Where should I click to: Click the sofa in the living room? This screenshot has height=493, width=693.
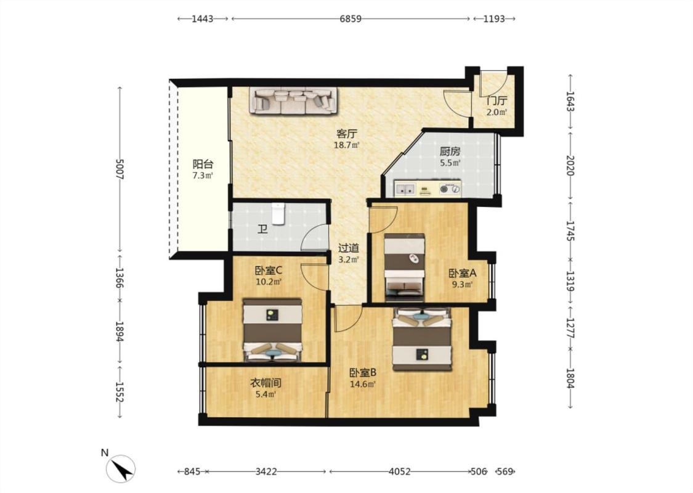click(x=293, y=101)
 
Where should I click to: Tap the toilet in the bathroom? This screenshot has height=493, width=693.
click(x=278, y=214)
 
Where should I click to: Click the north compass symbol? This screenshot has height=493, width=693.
click(x=120, y=469)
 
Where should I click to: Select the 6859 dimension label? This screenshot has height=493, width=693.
click(x=351, y=18)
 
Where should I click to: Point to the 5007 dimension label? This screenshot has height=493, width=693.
click(x=120, y=169)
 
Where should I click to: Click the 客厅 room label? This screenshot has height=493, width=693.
click(x=346, y=134)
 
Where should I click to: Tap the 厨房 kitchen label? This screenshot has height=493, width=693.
click(x=450, y=152)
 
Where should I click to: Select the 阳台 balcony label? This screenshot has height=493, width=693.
click(x=203, y=165)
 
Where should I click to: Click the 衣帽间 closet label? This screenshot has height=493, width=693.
click(x=266, y=383)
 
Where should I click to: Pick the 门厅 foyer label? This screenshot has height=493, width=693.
click(x=496, y=101)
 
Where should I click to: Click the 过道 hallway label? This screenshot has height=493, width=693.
click(x=348, y=248)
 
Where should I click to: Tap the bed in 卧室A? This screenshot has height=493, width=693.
click(x=404, y=267)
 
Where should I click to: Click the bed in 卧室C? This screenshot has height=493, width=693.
click(x=272, y=330)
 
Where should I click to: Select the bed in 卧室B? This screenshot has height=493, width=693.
click(x=423, y=339)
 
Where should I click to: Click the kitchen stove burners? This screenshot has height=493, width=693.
click(x=450, y=190)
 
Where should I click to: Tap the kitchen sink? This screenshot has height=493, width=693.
click(x=405, y=189)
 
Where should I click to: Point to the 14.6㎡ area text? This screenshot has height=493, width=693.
click(x=363, y=384)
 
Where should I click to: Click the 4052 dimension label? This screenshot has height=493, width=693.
click(x=400, y=471)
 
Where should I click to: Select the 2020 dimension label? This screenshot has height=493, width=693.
click(x=570, y=165)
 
